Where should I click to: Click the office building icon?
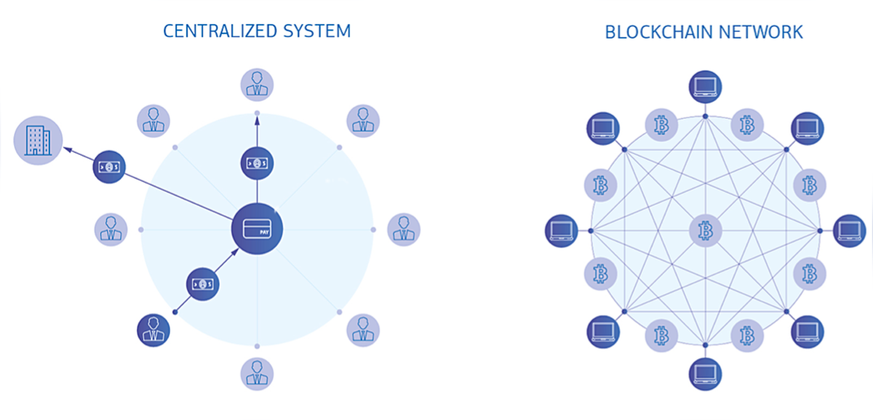coord(38,140)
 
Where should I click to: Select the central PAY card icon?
coord(257,230)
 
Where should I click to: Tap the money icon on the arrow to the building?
coord(110,167)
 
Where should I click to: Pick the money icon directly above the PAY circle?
coord(257,162)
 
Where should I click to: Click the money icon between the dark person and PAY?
coord(203,284)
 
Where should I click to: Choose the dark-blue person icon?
coord(154,330)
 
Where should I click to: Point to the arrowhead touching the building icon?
coord(65,150)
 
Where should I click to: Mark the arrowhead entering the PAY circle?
coord(234,252)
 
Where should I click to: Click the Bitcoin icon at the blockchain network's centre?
coord(705,231)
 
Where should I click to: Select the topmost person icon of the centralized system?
coord(257,85)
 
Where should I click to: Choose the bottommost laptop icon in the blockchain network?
coord(705,373)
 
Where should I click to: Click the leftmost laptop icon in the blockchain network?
coord(562,231)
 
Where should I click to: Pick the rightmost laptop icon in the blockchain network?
coord(849,231)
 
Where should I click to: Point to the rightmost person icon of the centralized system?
coord(403,230)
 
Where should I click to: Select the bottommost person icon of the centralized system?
coord(257,373)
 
